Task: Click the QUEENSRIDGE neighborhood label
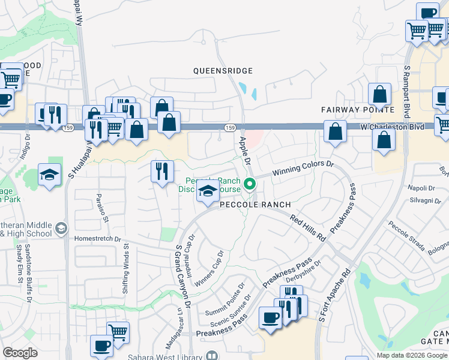(223, 71)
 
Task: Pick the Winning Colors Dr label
(302, 169)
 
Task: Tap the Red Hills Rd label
(307, 228)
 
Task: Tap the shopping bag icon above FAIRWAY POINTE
(380, 94)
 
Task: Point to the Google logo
(20, 353)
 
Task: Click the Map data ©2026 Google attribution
(411, 355)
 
